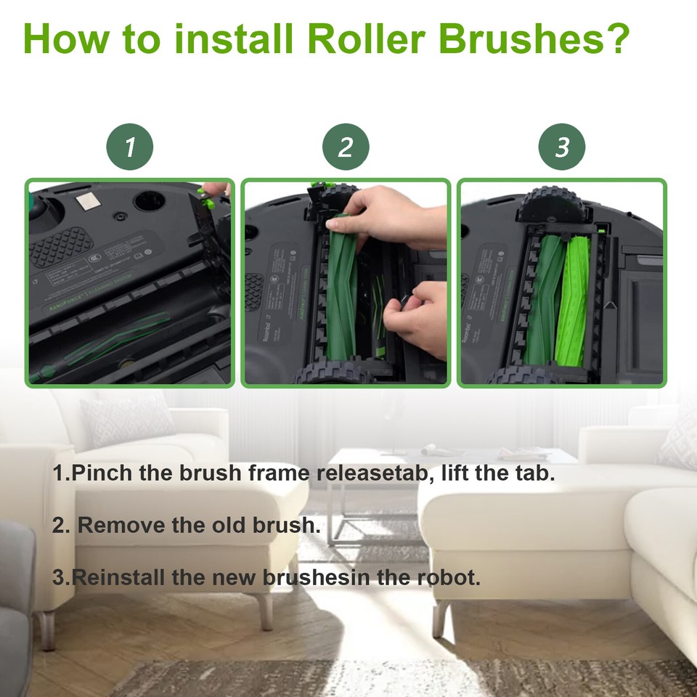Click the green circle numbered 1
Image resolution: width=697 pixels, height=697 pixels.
(x=130, y=147)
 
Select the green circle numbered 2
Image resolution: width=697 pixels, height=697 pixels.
(x=346, y=147)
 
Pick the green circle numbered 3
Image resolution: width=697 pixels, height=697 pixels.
(x=561, y=147)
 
